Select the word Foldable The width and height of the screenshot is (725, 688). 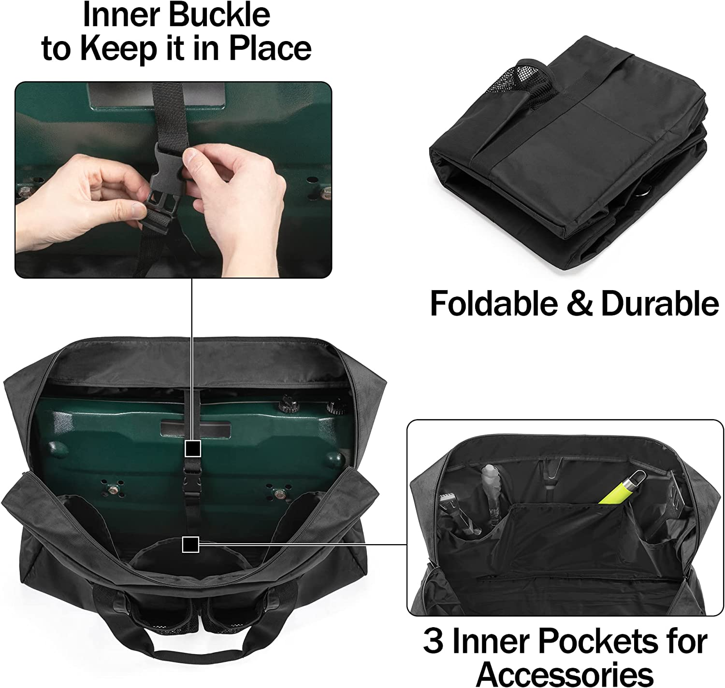(493, 304)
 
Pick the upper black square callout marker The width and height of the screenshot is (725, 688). (193, 449)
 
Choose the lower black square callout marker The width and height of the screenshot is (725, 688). (190, 545)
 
